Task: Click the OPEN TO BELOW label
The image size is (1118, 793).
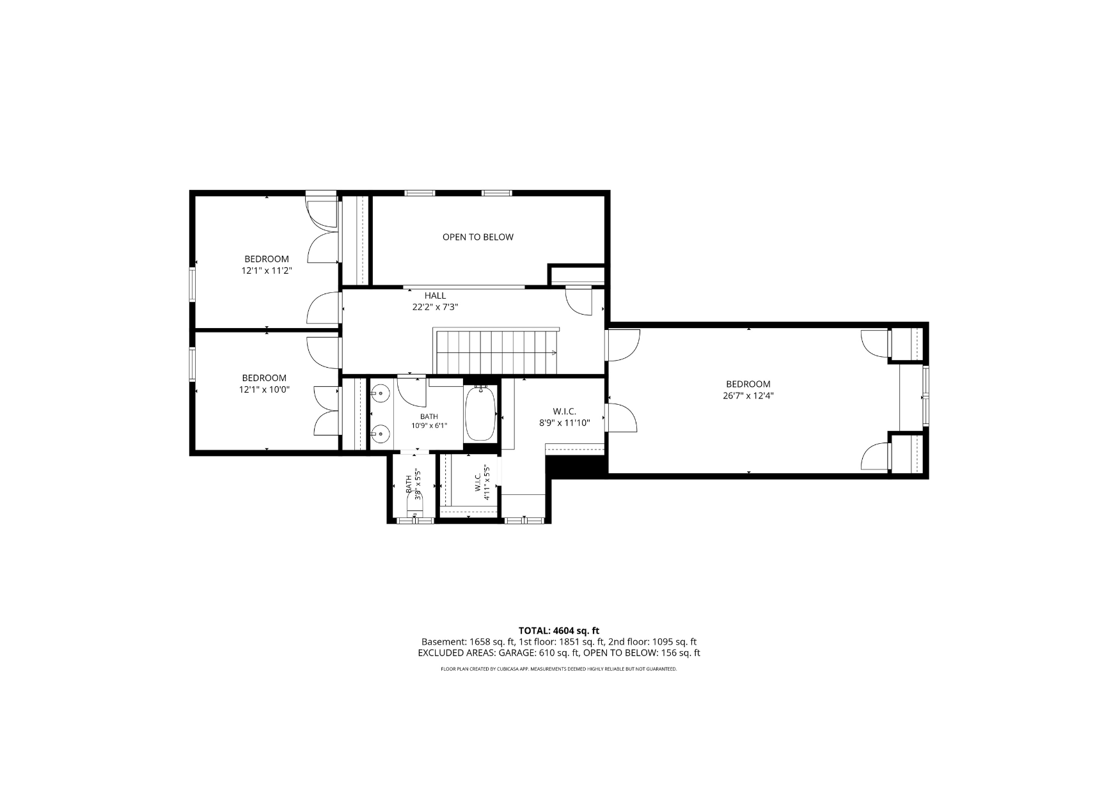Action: (478, 237)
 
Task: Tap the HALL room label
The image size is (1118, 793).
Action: (435, 295)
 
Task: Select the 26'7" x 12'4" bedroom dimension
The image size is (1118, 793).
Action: (748, 396)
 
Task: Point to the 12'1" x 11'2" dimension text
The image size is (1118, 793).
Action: (266, 271)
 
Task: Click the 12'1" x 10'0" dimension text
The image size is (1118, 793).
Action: (264, 389)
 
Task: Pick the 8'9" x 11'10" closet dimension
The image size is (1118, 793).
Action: (565, 423)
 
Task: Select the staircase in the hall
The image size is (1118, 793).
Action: (496, 351)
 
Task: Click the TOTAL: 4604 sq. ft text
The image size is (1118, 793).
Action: (558, 631)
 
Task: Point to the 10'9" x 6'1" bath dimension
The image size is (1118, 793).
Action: (429, 426)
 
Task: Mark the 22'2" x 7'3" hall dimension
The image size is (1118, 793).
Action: (435, 307)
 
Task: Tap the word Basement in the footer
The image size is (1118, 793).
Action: (443, 641)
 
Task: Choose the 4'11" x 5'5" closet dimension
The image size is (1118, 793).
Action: (487, 482)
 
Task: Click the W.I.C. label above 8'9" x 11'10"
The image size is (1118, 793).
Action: (565, 411)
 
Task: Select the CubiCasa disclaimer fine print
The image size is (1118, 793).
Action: (558, 669)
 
